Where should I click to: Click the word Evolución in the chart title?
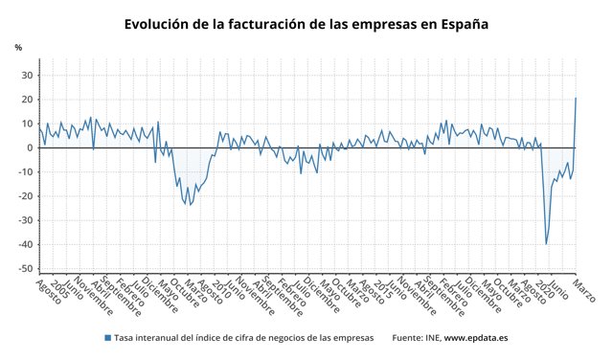159,24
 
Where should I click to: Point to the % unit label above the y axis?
18,47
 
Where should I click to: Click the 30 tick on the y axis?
28,76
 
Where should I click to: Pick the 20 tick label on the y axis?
28,100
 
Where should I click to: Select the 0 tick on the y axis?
31,147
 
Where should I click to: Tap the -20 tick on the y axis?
26,196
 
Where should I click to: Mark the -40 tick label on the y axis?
26,244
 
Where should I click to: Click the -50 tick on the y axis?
26,268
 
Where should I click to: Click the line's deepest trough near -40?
546,244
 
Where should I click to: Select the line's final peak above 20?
576,98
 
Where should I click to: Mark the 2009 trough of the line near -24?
190,205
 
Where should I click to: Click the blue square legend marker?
106,338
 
